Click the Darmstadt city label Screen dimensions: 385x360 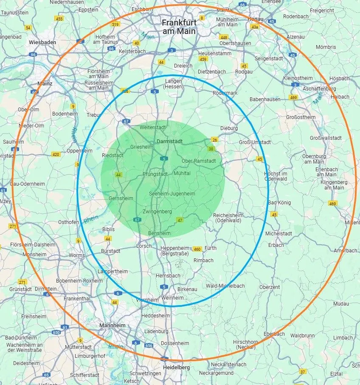(169, 141)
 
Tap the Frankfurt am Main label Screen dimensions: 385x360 (179, 27)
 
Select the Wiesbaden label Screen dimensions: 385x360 (43, 42)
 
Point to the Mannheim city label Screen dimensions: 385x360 (112, 326)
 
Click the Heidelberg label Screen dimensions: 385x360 (177, 367)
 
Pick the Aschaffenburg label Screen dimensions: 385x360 (319, 88)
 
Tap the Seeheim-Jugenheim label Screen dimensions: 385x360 (172, 194)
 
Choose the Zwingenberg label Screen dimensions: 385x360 (157, 211)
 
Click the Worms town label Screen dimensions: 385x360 (77, 255)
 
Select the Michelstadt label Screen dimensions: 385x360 (278, 234)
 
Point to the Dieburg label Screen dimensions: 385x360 (229, 128)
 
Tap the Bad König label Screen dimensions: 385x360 (280, 203)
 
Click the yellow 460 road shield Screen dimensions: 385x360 (197, 249)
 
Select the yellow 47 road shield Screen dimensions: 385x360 (180, 220)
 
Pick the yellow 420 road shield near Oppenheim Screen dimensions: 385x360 (56, 154)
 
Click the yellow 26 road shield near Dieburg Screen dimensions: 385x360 (214, 139)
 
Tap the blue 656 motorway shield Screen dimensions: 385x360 (149, 346)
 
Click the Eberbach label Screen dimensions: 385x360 (274, 334)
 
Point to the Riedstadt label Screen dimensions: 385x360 (112, 156)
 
